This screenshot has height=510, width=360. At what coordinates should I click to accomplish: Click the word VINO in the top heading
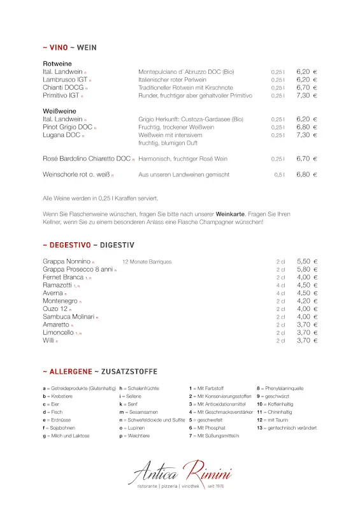pos(58,48)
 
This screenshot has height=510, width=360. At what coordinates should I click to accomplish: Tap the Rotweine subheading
pos(57,64)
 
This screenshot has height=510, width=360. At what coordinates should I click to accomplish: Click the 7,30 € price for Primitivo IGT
pos(306,96)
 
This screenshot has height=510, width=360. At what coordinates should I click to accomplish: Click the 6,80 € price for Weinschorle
pos(306,174)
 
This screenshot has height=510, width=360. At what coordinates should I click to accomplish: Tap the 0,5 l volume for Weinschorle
pos(279,175)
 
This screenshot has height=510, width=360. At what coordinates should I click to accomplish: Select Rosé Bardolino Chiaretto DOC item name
pos(87,159)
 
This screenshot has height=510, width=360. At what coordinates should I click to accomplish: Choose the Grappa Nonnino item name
pos(66,261)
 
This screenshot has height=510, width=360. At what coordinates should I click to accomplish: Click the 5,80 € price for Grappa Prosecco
pos(306,270)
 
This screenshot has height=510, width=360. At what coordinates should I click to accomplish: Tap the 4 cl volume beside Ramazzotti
pos(280,286)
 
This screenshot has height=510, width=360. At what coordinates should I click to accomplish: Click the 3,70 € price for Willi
pos(306,340)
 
